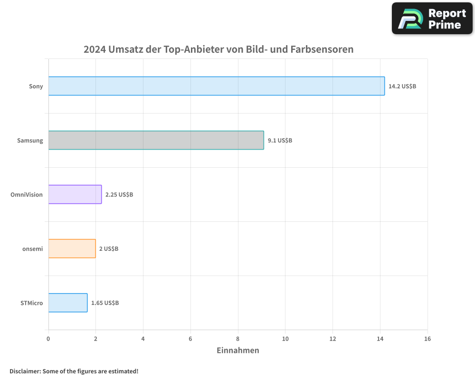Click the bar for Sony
click(216, 86)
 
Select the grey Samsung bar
click(156, 140)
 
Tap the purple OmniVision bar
click(75, 194)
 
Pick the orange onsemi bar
click(72, 248)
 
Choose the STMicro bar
click(68, 303)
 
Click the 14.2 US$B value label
click(402, 86)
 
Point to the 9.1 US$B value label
click(280, 141)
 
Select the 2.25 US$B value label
click(119, 195)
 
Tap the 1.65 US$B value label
click(105, 303)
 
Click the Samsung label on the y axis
click(30, 141)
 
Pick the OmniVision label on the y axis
click(27, 195)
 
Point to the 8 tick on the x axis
click(238, 339)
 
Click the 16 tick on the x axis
click(427, 339)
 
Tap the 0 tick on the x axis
click(48, 339)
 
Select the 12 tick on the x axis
click(332, 339)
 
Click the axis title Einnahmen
click(238, 351)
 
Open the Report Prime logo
click(432, 19)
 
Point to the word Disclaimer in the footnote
click(24, 371)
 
